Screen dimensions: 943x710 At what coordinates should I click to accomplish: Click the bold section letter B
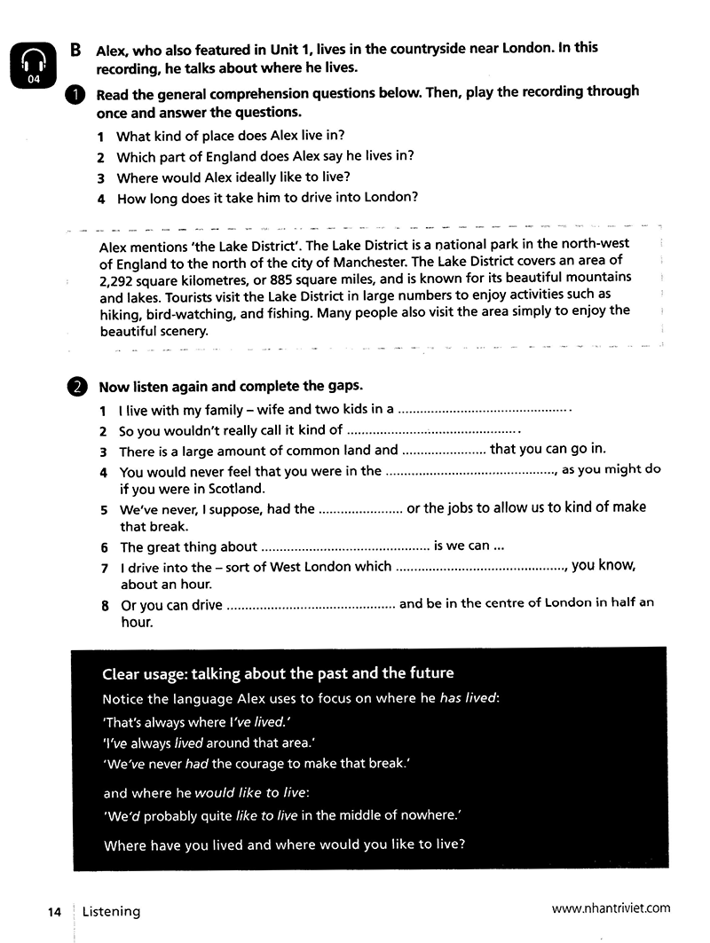(76, 50)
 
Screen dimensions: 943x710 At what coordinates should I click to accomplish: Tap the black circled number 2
(76, 387)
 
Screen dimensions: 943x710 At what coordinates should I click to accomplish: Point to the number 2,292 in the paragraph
(117, 279)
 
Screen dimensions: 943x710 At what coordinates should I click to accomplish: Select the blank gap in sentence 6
(344, 547)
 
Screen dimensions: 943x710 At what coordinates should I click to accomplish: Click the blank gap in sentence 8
(311, 605)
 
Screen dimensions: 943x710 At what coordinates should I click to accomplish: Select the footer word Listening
(111, 911)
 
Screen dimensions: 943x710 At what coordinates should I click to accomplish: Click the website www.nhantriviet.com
(611, 908)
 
